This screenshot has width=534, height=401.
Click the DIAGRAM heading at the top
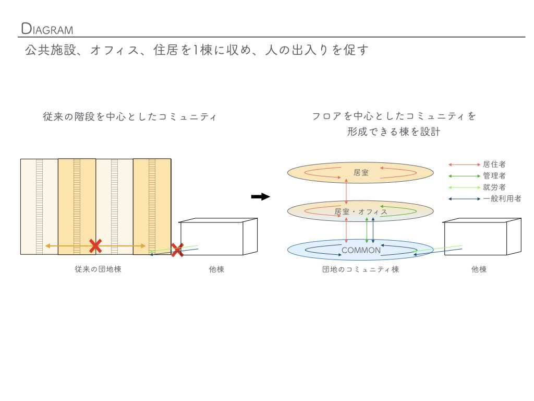[x=47, y=29]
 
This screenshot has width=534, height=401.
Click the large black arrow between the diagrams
[x=260, y=197]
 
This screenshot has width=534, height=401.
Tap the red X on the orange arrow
[x=95, y=246]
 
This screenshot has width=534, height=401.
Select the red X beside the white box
[x=177, y=250]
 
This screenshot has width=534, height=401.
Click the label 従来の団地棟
[x=98, y=269]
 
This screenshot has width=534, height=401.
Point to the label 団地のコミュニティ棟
[x=360, y=269]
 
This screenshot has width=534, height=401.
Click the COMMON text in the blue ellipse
[x=361, y=251]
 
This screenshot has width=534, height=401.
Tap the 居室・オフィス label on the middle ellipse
[x=361, y=211]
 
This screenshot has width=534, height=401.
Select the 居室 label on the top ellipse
[x=361, y=172]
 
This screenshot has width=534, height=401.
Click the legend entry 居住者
[x=494, y=164]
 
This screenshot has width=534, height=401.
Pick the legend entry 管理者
[x=494, y=176]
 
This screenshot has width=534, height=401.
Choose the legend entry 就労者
[x=494, y=187]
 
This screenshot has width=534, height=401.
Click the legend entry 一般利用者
[x=502, y=198]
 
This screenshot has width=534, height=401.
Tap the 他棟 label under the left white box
[x=216, y=269]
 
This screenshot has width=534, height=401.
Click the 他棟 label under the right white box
[x=479, y=269]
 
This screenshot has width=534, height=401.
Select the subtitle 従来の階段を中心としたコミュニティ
[x=129, y=117]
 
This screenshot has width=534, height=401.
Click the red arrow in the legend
[x=464, y=164]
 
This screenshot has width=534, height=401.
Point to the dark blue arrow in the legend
[x=464, y=199]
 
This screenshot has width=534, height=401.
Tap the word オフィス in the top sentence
[x=114, y=51]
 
